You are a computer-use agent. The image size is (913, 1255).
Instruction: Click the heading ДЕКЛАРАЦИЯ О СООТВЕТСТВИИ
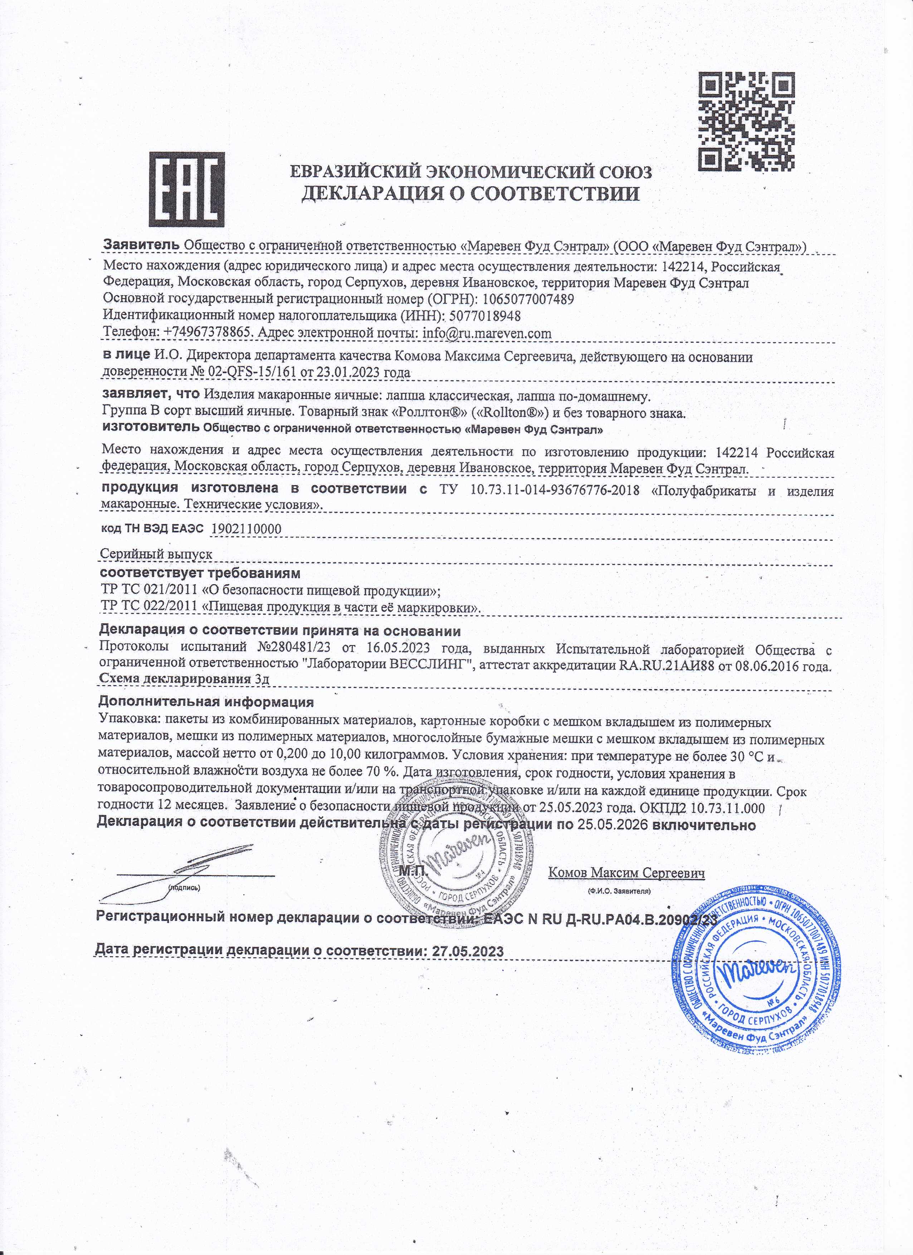click(x=470, y=193)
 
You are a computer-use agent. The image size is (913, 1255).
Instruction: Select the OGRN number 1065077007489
click(x=528, y=299)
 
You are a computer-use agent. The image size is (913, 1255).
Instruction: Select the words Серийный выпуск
click(x=156, y=553)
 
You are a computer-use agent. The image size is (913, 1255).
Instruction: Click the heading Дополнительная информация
click(x=206, y=702)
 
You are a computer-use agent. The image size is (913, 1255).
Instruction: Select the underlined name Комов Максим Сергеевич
click(x=626, y=873)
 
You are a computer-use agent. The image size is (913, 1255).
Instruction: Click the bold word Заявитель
click(x=141, y=245)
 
